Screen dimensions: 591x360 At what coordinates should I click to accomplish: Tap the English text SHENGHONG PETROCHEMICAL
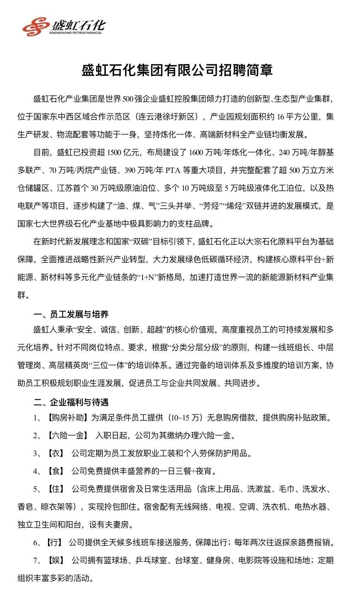(76, 33)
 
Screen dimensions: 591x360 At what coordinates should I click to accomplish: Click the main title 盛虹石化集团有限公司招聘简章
(177, 70)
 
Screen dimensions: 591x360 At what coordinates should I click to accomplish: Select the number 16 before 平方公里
(281, 117)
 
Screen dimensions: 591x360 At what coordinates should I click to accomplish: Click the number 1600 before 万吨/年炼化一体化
(196, 152)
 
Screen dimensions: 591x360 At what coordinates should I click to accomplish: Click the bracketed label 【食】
(57, 471)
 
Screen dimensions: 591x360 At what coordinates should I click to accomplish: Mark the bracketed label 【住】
(57, 489)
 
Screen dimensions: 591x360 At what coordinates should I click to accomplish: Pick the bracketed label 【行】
(55, 543)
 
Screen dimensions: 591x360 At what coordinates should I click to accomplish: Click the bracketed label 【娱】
(57, 560)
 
